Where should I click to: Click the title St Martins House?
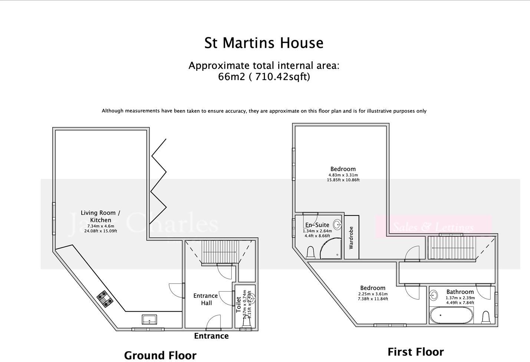[264, 43]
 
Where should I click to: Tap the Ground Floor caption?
[160, 355]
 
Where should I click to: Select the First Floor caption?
[415, 352]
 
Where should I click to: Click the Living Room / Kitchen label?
[101, 216]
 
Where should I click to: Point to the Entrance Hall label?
[205, 299]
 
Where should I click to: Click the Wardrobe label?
[351, 238]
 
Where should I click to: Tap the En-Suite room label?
[317, 225]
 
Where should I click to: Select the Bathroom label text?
[460, 292]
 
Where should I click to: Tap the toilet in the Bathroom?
[485, 317]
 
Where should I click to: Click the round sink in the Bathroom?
[434, 296]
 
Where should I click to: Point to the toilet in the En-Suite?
[311, 253]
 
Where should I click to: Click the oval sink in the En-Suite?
[337, 224]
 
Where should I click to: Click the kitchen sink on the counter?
[149, 319]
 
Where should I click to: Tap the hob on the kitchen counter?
[105, 299]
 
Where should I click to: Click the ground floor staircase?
[220, 252]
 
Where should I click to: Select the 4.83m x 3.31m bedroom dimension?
[343, 175]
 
